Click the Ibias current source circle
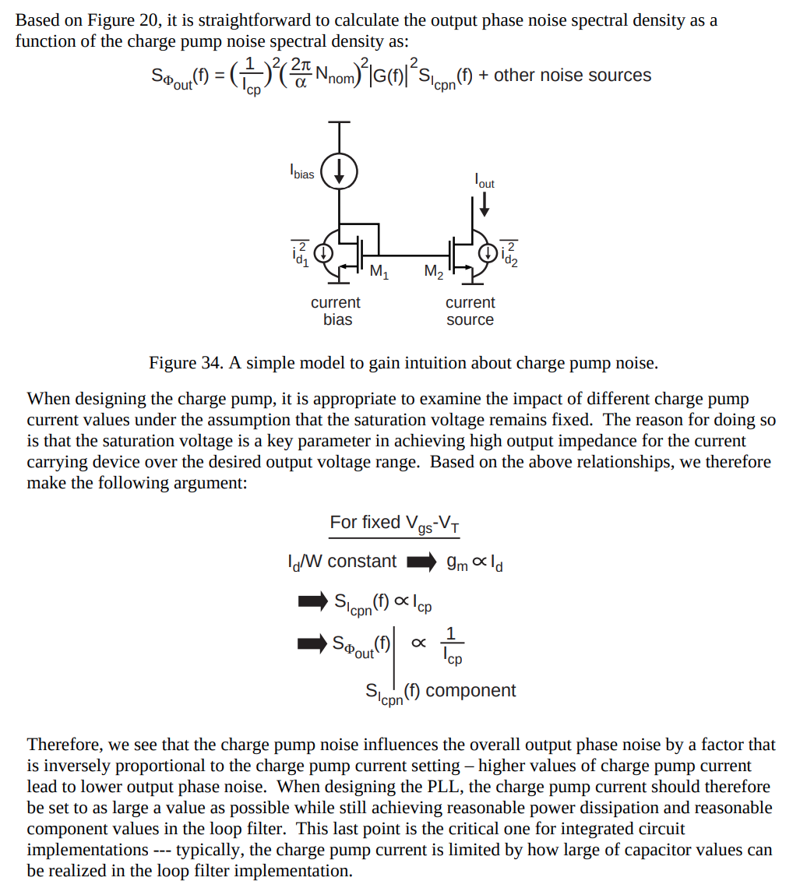coord(340,171)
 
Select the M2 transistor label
coord(434,272)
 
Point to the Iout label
coord(485,181)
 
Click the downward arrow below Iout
coord(485,204)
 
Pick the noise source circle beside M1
coord(323,252)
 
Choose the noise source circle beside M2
coord(488,252)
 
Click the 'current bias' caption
coord(336,311)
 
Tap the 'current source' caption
coord(470,311)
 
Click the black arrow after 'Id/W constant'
coord(421,561)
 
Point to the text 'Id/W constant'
coord(341,561)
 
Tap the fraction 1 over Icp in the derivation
coord(453,647)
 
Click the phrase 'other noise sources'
coord(573,76)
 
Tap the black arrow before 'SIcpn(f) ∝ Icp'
coord(312,601)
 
